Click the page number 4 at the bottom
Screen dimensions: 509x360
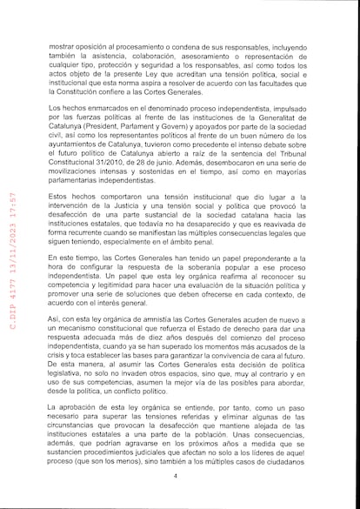pyautogui.click(x=176, y=476)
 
